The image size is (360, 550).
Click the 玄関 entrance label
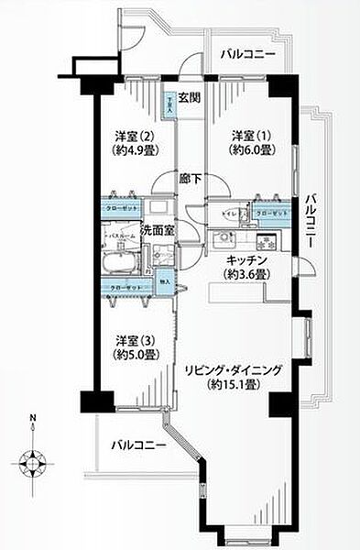[x=189, y=99]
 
